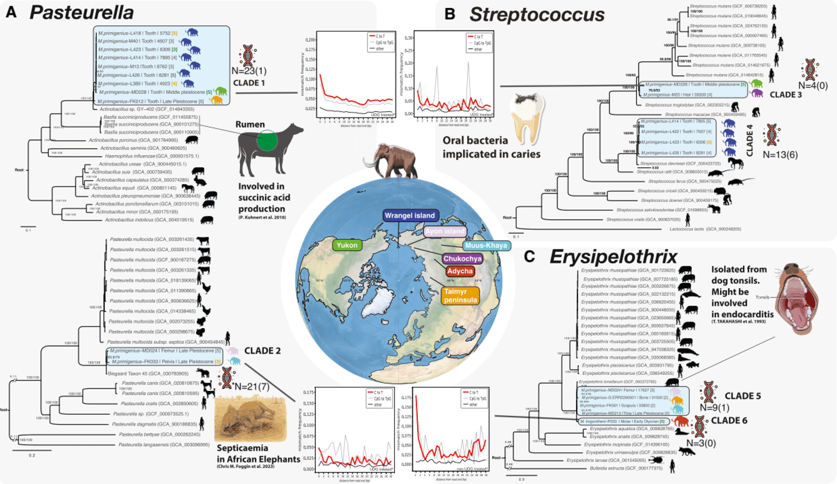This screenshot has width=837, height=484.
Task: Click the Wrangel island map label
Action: click(410, 215)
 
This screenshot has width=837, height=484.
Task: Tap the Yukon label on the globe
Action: click(347, 245)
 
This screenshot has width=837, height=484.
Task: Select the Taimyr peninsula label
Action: click(460, 296)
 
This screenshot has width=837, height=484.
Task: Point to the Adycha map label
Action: click(460, 271)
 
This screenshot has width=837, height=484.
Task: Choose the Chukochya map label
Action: click(462, 259)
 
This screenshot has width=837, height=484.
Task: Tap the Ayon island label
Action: click(444, 231)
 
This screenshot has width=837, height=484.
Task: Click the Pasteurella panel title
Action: click(82, 13)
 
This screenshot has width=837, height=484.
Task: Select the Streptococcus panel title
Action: click(537, 15)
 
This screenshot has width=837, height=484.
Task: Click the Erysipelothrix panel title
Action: click(613, 256)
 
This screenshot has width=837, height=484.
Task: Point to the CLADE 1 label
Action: click(249, 83)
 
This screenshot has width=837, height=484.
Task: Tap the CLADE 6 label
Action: click(729, 420)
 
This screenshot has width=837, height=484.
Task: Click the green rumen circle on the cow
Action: click(267, 141)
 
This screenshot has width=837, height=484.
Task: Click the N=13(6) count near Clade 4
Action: click(780, 155)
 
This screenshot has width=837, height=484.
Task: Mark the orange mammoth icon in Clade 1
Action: click(216, 100)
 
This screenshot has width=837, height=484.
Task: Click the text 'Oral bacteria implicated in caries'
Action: click(491, 147)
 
